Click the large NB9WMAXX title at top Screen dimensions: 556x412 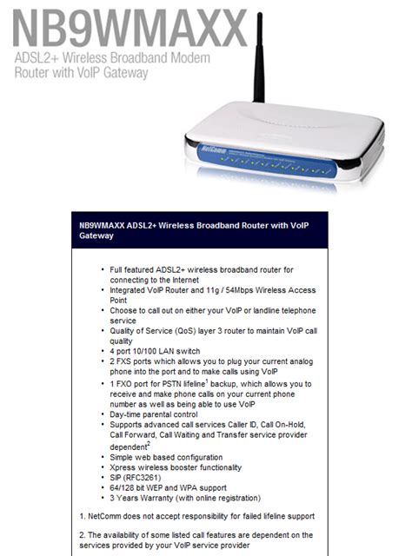[125, 28]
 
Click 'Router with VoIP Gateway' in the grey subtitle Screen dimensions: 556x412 [80, 73]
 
